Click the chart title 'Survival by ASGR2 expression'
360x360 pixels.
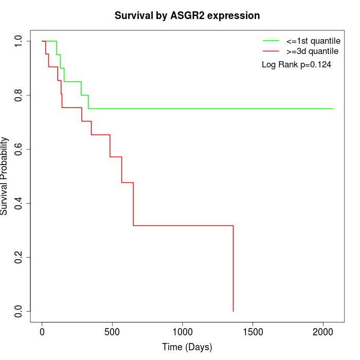187,15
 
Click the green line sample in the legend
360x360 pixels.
271,41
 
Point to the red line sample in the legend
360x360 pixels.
271,51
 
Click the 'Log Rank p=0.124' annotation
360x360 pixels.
296,65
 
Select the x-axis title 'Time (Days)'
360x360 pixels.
187,347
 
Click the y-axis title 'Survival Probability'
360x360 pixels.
5,176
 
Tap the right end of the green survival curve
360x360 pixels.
333,109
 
